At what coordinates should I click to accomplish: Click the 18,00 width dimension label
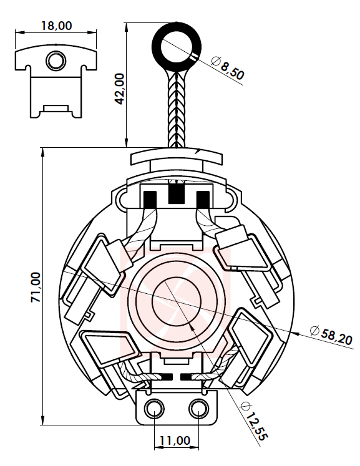(56, 26)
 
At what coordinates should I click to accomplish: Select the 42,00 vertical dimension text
(120, 89)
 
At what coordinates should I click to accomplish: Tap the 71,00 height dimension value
(36, 287)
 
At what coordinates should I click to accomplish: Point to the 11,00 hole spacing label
(175, 440)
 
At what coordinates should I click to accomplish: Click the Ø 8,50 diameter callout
(228, 69)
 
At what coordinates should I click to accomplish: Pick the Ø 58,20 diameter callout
(331, 335)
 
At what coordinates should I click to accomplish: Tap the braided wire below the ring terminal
(177, 109)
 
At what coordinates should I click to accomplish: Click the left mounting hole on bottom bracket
(155, 409)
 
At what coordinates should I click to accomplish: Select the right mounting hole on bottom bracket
(198, 409)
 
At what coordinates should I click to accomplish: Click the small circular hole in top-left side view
(56, 61)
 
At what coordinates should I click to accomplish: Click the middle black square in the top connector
(177, 193)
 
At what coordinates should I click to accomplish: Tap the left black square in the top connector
(150, 199)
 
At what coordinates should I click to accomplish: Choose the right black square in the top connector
(203, 199)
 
